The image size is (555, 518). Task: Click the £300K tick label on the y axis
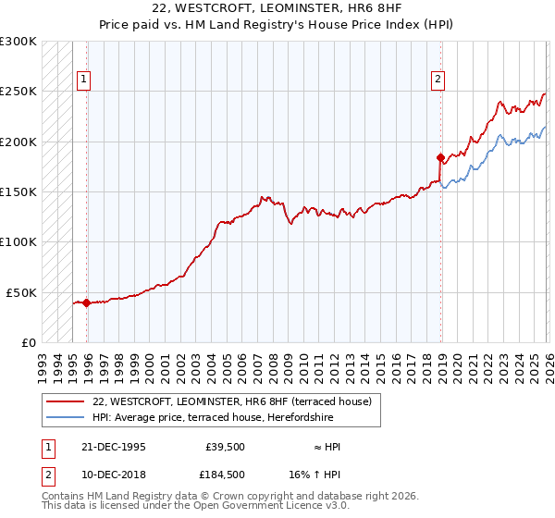[x=19, y=43]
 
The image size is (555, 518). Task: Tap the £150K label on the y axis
[x=19, y=192]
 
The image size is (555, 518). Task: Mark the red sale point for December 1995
[x=86, y=302]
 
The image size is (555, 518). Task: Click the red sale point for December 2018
[x=440, y=157]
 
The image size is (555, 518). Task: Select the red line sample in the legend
[x=66, y=401]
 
